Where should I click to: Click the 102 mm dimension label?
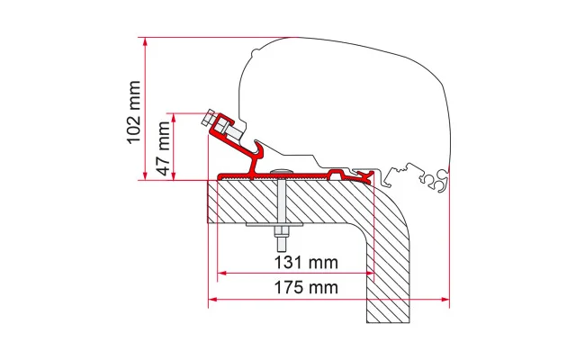coord(134,112)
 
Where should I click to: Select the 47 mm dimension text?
coord(163,148)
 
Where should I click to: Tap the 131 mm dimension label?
coord(306,262)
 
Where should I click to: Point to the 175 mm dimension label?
coord(306,287)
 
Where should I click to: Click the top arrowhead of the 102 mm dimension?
coord(146,41)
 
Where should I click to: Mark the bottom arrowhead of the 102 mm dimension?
coord(146,175)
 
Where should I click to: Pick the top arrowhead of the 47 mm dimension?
coord(174,117)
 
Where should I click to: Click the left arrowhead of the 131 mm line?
coord(221,273)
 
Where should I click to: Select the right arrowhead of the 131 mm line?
coord(369,273)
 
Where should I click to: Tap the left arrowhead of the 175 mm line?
coord(212,300)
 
